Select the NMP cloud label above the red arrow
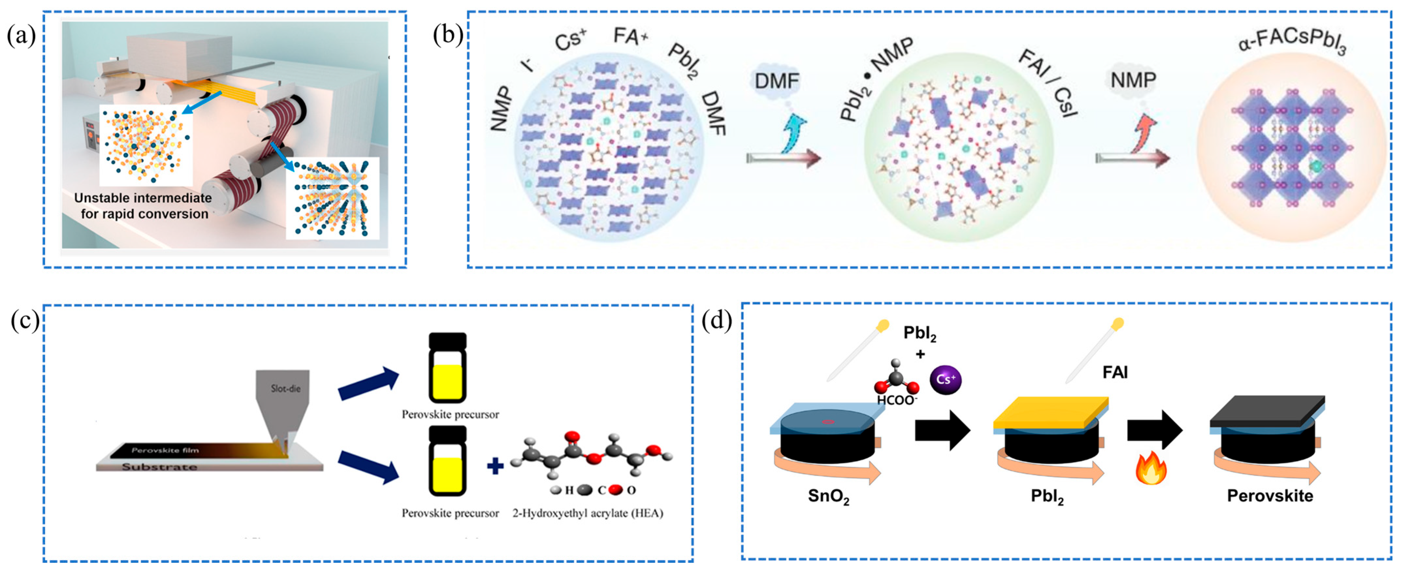click(x=1133, y=81)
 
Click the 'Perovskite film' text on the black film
click(x=165, y=450)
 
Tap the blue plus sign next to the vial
click(x=495, y=466)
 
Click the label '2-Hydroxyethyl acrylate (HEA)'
click(x=587, y=513)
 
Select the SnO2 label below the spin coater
click(x=828, y=496)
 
